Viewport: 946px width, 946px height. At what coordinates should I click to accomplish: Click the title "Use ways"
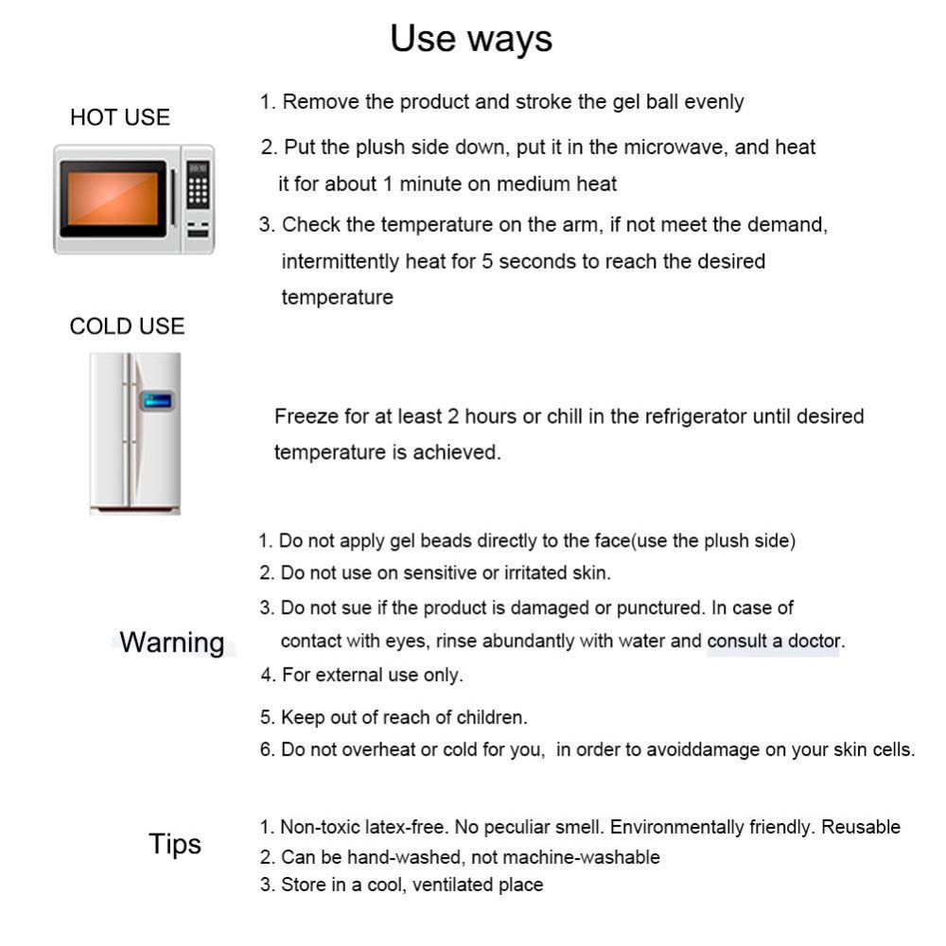[x=471, y=39]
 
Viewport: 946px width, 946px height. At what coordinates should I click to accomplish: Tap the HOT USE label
[x=120, y=117]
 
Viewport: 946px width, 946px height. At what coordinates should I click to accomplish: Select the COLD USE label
[x=127, y=326]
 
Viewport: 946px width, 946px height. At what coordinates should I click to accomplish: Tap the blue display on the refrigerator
[x=155, y=400]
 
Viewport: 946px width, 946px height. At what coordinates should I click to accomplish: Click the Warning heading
[x=172, y=642]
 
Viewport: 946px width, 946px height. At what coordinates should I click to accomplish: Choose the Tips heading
[x=175, y=843]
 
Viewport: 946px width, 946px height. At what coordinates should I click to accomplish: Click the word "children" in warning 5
[x=492, y=718]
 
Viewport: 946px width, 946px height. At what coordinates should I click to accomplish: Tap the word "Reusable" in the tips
[x=860, y=827]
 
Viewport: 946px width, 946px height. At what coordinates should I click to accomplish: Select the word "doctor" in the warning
[x=813, y=640]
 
